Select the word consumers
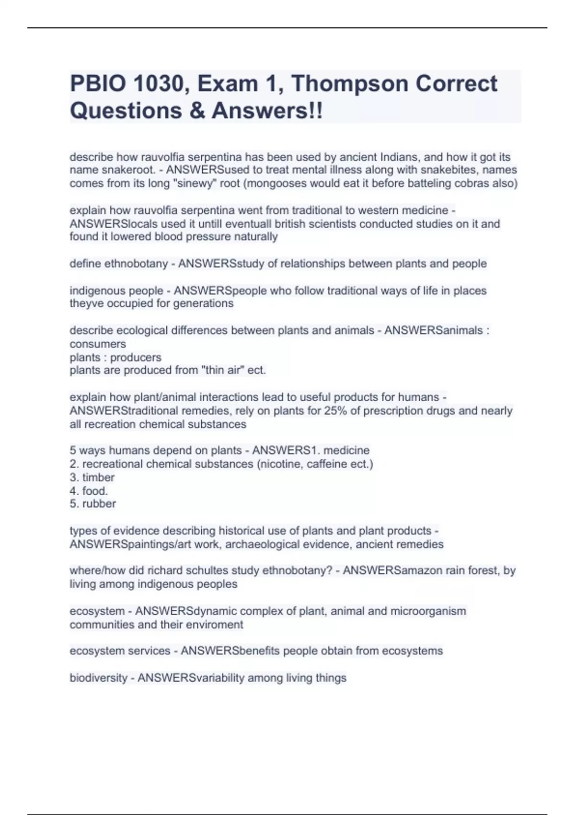[98, 344]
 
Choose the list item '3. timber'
[92, 477]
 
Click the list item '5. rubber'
[93, 504]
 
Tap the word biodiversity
[98, 678]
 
